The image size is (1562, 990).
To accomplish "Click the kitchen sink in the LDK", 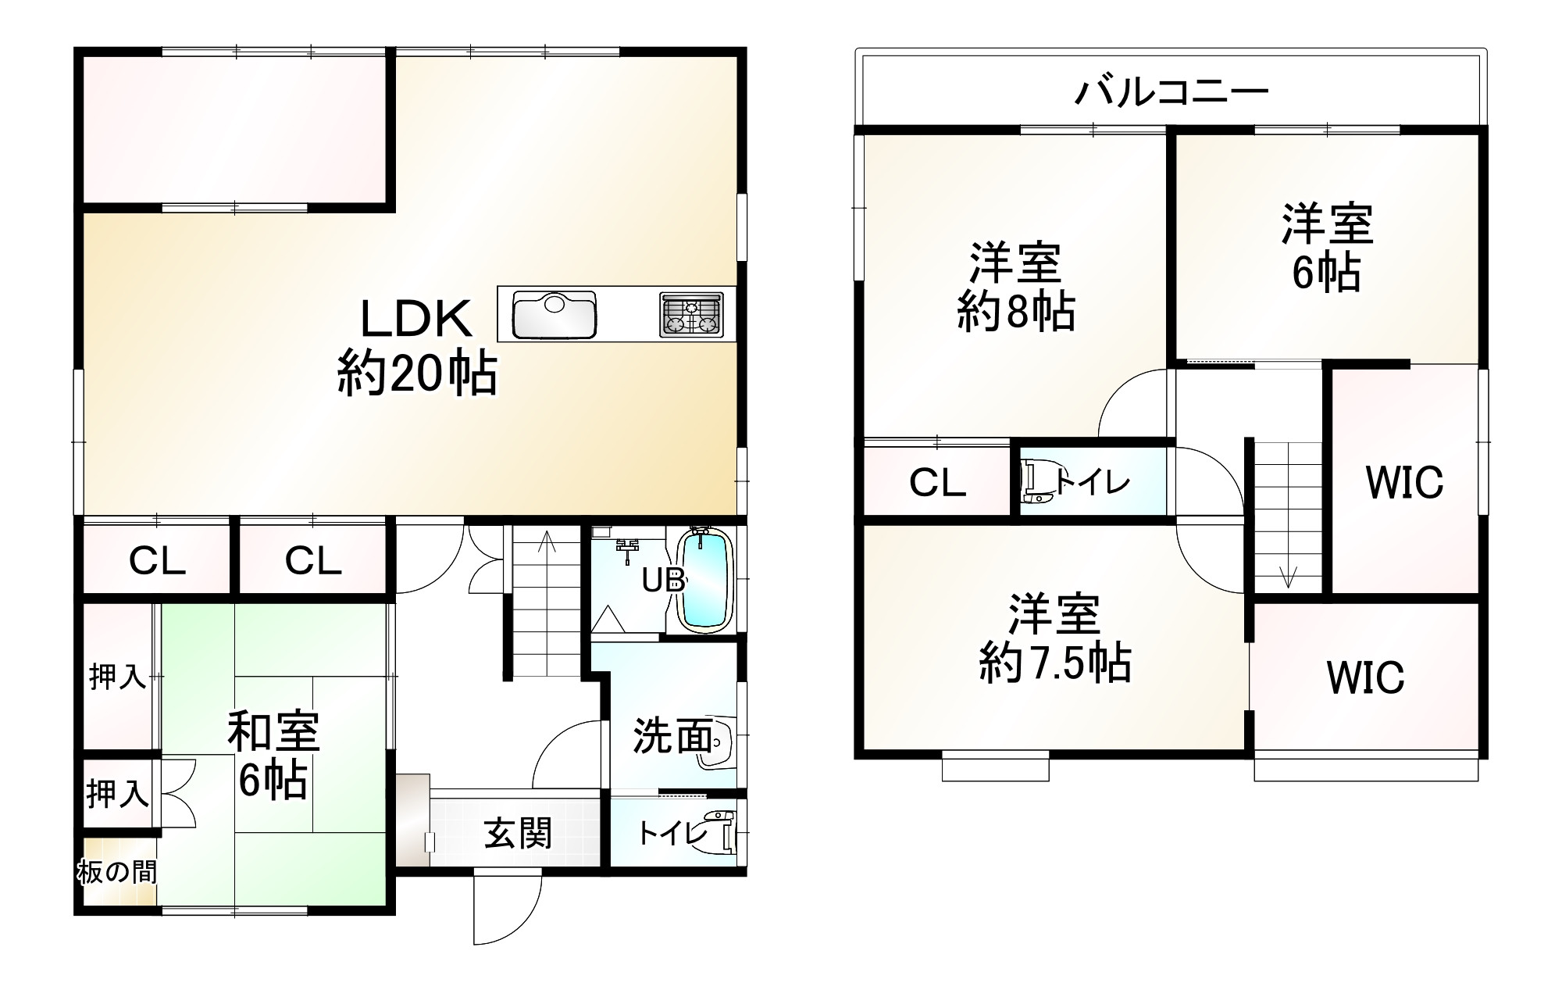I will point(555,313).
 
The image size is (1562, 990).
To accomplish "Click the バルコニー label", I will point(1171,92).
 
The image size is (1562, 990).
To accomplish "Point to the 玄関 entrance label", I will point(518,833).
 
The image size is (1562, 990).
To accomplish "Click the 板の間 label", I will point(117,871).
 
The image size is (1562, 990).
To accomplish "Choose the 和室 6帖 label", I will point(273,755).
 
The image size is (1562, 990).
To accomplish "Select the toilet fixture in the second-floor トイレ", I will point(1036,483).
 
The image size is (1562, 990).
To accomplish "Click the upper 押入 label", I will point(117,677).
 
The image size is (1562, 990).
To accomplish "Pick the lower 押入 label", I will point(117,794).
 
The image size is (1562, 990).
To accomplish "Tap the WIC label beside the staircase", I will point(1404,482).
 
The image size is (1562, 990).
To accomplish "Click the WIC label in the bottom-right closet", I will point(1365,677).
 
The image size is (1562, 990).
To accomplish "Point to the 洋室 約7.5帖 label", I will point(1054,638).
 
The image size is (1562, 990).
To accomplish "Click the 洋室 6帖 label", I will point(1327,247).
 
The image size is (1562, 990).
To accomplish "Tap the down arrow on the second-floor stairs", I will point(1288,577).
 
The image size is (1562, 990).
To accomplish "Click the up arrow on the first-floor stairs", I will point(547,541).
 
